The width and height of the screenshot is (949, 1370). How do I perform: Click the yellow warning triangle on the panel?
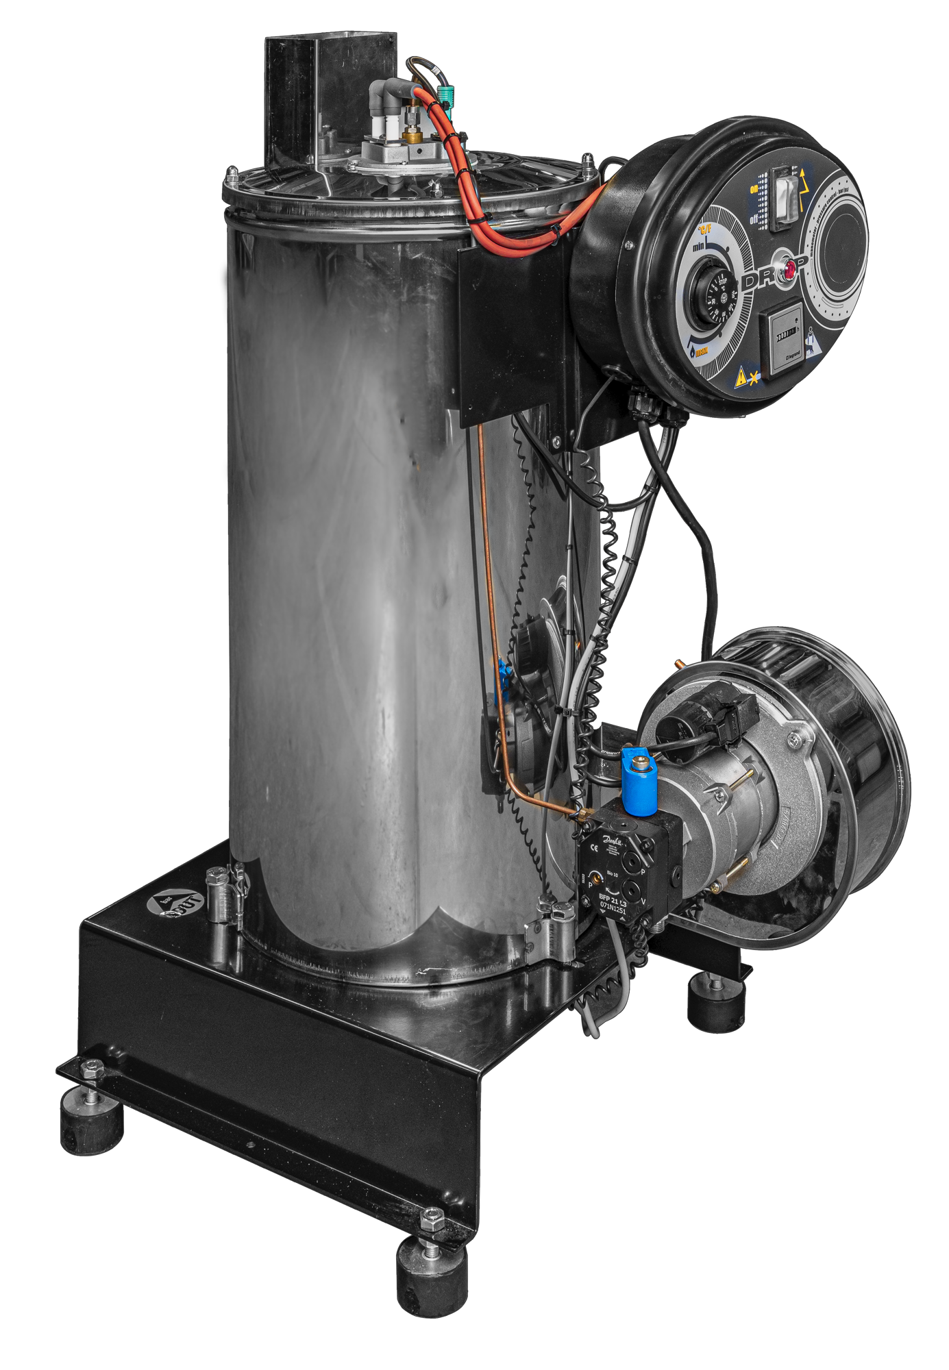[x=742, y=377]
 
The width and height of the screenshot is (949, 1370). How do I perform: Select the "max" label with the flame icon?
[x=700, y=353]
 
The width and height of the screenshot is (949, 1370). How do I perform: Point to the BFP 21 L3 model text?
[x=613, y=898]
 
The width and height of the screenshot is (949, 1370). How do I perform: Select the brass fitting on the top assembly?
[x=414, y=135]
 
